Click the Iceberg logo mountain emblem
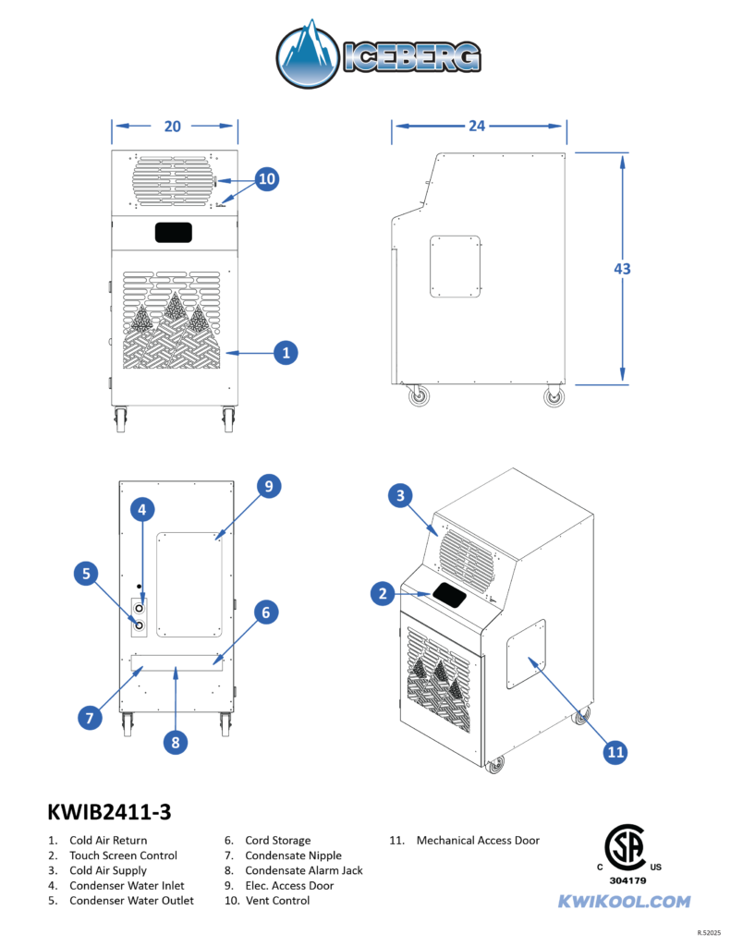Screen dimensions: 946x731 coord(308,56)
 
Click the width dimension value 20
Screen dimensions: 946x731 coord(174,126)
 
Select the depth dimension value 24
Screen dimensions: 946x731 coord(477,126)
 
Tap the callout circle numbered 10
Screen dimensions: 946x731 coord(266,179)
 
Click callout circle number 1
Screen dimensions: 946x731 coord(286,352)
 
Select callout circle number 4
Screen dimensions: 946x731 coord(141,509)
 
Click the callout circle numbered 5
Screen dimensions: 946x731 coord(86,574)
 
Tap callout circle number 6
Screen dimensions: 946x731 coord(265,612)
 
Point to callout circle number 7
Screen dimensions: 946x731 coord(90,717)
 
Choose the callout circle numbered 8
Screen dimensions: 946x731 coord(175,740)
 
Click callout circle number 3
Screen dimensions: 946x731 coord(400,496)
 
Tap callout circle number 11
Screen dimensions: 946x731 coord(615,753)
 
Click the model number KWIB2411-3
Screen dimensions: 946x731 coord(109,812)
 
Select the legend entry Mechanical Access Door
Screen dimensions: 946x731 coord(478,841)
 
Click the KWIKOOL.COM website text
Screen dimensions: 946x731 coord(624,902)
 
